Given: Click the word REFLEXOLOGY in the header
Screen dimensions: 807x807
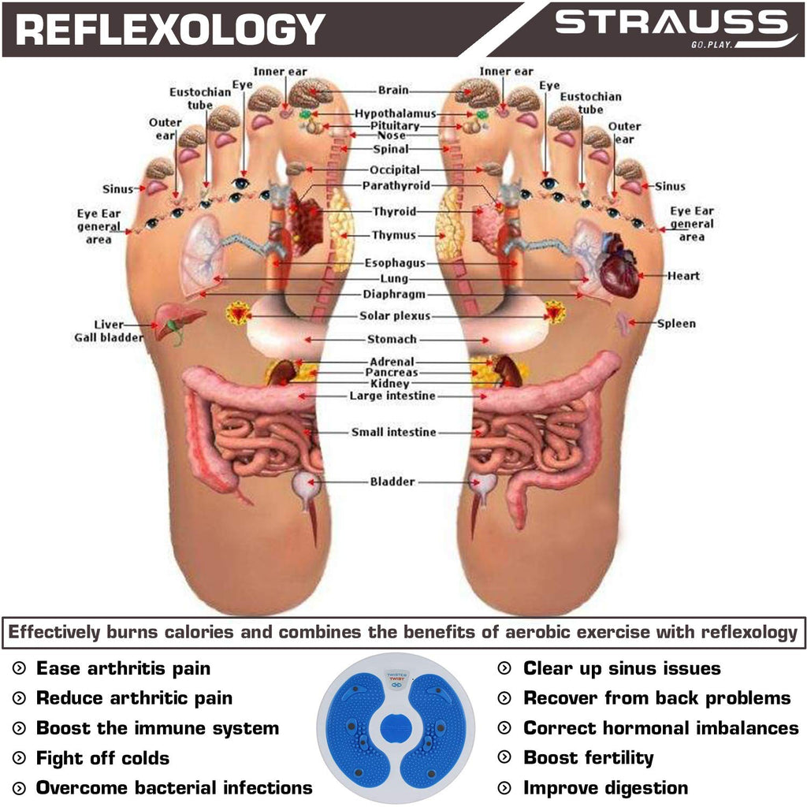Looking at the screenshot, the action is [x=170, y=29].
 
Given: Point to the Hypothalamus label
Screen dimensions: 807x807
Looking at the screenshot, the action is [x=396, y=113].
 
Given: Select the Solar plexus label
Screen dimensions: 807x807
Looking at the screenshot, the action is [x=395, y=315].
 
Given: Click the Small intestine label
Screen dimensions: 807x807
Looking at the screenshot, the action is [x=394, y=432].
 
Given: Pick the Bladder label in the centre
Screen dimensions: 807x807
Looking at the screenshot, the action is [x=392, y=482].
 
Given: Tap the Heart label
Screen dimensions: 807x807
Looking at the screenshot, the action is [x=683, y=276].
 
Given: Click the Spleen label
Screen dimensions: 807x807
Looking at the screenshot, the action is [x=676, y=324].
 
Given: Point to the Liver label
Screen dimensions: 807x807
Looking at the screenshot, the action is [x=109, y=324].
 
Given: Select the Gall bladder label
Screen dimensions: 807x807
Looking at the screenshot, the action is [x=109, y=337].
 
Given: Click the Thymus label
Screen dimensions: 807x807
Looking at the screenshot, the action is [x=394, y=235].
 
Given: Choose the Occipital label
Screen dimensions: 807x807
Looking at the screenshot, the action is [x=395, y=170].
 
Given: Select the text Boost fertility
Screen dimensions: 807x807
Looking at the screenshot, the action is [x=588, y=757].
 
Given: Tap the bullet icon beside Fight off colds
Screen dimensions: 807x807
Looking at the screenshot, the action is [x=19, y=758].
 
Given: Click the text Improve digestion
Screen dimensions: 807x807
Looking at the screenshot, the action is [x=605, y=788].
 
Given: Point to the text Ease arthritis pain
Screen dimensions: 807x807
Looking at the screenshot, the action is [x=123, y=668].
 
